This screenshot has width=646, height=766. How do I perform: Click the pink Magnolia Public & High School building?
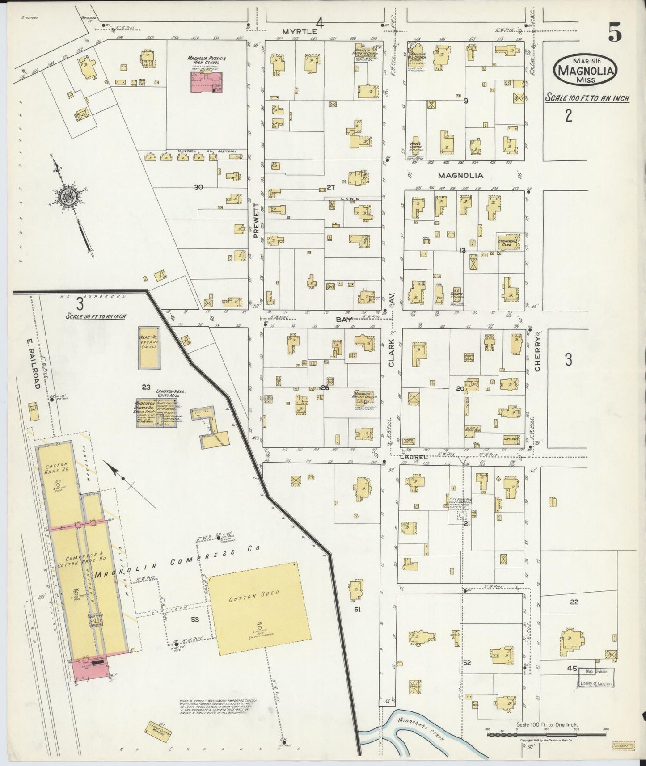[207, 83]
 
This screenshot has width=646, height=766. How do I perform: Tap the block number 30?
[198, 187]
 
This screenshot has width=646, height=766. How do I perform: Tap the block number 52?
[468, 662]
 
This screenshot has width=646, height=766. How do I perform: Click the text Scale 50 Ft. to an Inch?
[96, 316]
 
